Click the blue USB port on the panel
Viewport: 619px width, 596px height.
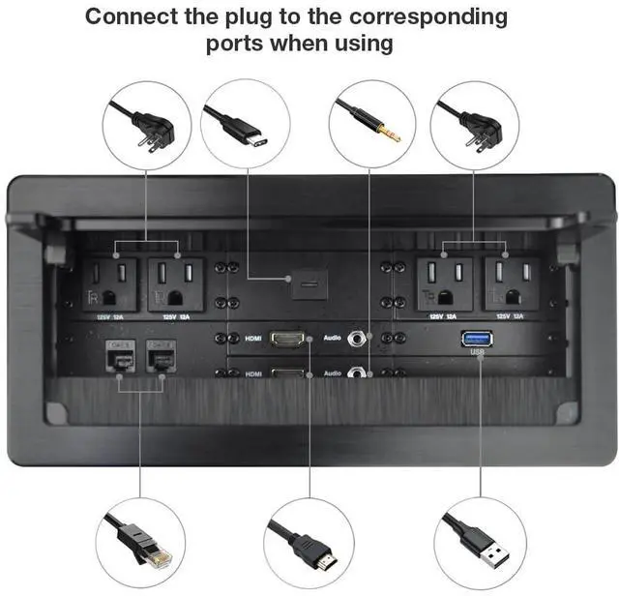point(478,338)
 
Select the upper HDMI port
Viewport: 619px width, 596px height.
point(288,339)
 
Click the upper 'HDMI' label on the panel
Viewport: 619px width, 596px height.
point(253,339)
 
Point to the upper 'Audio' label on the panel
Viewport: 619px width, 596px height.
point(333,339)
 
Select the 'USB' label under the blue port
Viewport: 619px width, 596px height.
point(478,353)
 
